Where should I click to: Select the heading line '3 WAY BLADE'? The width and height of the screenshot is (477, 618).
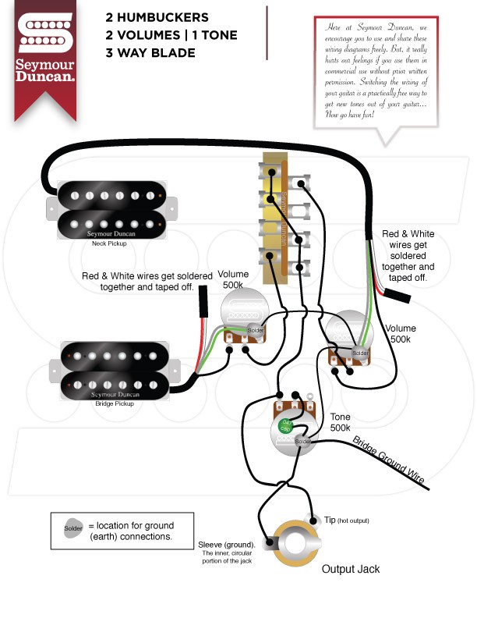pyautogui.click(x=151, y=53)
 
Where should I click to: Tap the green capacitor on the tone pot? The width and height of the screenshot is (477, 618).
pyautogui.click(x=286, y=426)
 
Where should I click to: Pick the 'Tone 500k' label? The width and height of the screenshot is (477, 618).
pyautogui.click(x=341, y=422)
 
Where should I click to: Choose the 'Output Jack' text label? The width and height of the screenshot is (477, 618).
pyautogui.click(x=351, y=569)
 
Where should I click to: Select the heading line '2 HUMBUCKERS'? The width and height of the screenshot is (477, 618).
pyautogui.click(x=157, y=17)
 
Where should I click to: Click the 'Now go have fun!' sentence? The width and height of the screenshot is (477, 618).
pyautogui.click(x=348, y=114)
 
